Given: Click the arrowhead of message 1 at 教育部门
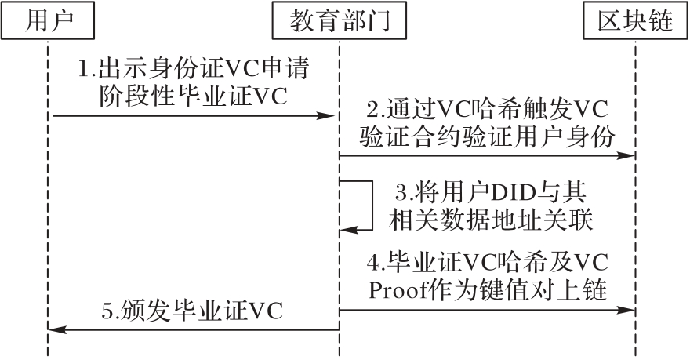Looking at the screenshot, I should pyautogui.click(x=329, y=116).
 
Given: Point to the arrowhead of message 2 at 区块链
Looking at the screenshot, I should pyautogui.click(x=626, y=156).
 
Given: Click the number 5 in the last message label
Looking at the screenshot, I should pyautogui.click(x=107, y=313).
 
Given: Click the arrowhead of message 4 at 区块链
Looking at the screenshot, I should pyautogui.click(x=626, y=310).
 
